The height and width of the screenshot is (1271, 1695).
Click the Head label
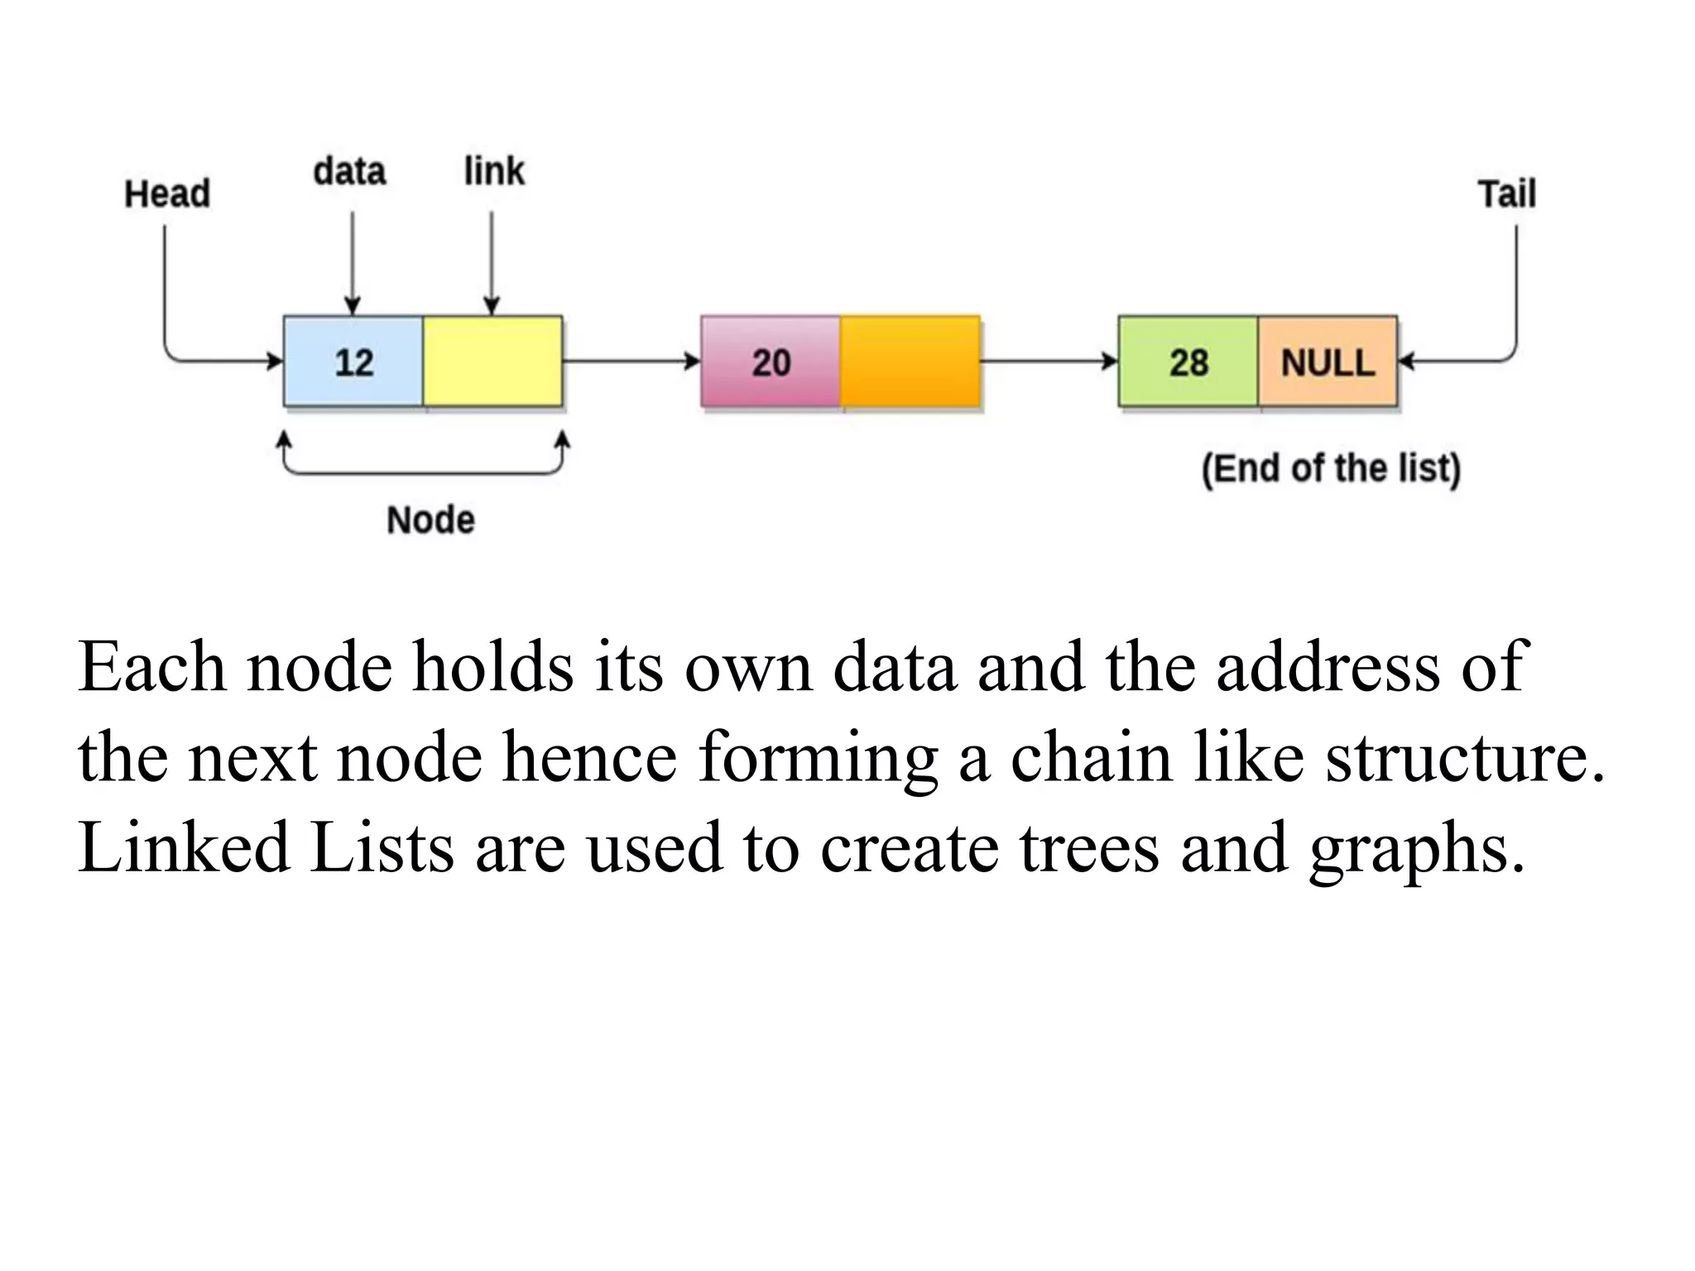(x=167, y=194)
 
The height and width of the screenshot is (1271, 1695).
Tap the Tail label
(x=1506, y=194)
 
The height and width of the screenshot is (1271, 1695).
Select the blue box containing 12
(x=353, y=362)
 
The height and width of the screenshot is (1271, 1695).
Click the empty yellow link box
(x=492, y=362)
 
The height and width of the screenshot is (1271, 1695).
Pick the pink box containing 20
(x=771, y=362)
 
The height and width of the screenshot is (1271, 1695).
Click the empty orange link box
(x=910, y=362)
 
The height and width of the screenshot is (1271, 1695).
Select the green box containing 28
(x=1188, y=362)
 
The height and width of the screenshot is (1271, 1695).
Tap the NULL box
(x=1328, y=362)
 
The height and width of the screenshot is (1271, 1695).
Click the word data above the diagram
(x=349, y=171)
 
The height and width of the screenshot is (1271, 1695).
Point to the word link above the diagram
(x=493, y=171)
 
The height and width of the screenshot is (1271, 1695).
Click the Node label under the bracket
(x=430, y=520)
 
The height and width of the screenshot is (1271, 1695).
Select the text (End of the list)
(x=1331, y=468)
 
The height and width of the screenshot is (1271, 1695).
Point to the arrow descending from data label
(x=353, y=261)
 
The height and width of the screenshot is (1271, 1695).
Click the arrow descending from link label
(x=492, y=261)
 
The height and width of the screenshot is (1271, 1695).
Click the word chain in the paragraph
(x=1091, y=756)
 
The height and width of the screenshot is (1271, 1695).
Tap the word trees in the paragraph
(x=1088, y=847)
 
